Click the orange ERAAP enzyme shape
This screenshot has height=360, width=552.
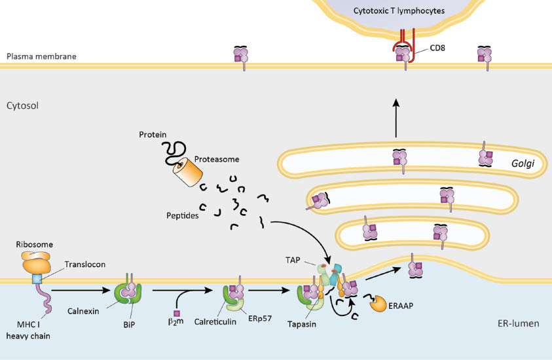click(380, 303)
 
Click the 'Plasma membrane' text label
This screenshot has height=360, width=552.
click(41, 56)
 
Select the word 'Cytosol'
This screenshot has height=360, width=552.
click(23, 105)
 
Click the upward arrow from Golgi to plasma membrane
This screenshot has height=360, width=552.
click(396, 118)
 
